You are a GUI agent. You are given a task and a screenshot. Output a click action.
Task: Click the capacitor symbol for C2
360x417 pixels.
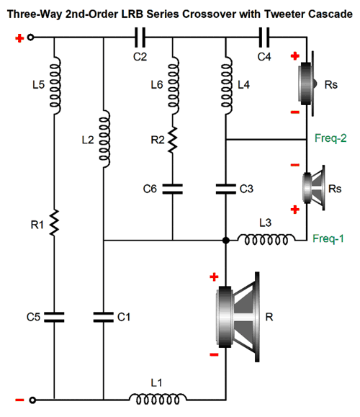click(x=140, y=37)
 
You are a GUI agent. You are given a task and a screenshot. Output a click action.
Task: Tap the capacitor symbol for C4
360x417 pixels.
click(x=264, y=37)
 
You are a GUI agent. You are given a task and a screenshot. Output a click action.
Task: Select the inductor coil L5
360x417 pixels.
click(x=55, y=85)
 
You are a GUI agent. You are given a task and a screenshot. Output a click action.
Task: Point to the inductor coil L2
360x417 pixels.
click(x=104, y=139)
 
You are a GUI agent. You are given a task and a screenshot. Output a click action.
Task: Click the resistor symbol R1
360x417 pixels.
click(x=54, y=223)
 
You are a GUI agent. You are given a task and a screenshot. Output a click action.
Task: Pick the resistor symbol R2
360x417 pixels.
click(x=173, y=140)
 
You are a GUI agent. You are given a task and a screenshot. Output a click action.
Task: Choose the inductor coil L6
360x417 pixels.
click(x=174, y=85)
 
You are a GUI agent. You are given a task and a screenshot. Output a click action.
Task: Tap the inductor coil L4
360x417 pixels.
click(x=227, y=85)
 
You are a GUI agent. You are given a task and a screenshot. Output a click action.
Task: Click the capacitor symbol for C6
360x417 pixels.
click(x=173, y=189)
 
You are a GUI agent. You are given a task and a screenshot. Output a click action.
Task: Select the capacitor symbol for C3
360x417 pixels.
click(x=226, y=189)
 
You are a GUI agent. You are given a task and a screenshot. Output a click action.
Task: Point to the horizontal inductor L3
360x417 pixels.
click(x=266, y=239)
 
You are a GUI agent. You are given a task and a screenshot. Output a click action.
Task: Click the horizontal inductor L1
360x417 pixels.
click(x=158, y=399)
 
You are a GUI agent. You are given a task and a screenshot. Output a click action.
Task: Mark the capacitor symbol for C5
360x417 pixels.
click(x=54, y=317)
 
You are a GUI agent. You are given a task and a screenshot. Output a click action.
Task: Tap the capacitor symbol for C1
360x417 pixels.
click(x=104, y=317)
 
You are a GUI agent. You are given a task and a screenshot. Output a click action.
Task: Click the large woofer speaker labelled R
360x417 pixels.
click(x=238, y=317)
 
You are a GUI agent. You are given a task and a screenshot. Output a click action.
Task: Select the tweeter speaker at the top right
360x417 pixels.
click(x=307, y=84)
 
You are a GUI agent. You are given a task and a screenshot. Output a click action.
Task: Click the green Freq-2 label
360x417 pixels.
click(x=330, y=138)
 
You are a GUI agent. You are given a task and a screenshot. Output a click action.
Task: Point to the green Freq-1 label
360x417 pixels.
click(x=328, y=238)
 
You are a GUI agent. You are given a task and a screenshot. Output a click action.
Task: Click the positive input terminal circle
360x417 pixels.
click(x=30, y=37)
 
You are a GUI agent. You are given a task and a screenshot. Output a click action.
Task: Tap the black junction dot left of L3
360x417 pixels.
click(x=226, y=241)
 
